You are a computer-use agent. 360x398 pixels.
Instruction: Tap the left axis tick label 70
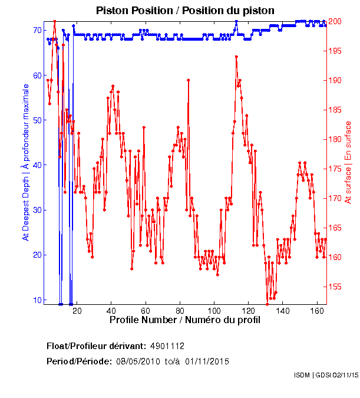[x=37, y=30]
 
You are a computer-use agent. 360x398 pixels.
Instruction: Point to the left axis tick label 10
[x=37, y=300]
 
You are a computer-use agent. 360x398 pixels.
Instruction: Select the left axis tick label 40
[x=37, y=165]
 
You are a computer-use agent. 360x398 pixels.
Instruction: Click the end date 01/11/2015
[x=207, y=361]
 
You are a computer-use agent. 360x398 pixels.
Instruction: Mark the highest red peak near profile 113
[x=236, y=57]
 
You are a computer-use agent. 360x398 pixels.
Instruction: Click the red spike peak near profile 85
[x=188, y=80]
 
